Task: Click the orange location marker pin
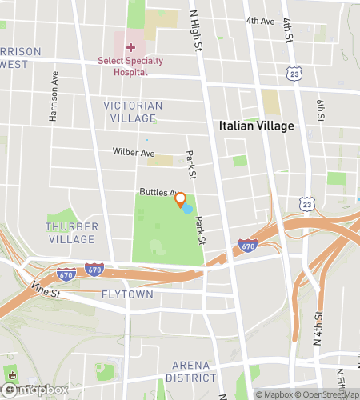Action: (x=181, y=199)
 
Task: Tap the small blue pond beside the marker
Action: (x=187, y=209)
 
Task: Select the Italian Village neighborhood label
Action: (x=256, y=126)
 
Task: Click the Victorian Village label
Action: (x=133, y=112)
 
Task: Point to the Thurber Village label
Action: (x=72, y=233)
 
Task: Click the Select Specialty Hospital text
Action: (x=123, y=66)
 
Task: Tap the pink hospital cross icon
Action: (x=130, y=48)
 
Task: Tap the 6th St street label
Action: (x=320, y=111)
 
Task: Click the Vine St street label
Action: (x=46, y=294)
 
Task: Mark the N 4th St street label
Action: (x=318, y=328)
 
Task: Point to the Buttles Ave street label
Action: (x=157, y=192)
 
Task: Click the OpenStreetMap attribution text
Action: (x=328, y=394)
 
